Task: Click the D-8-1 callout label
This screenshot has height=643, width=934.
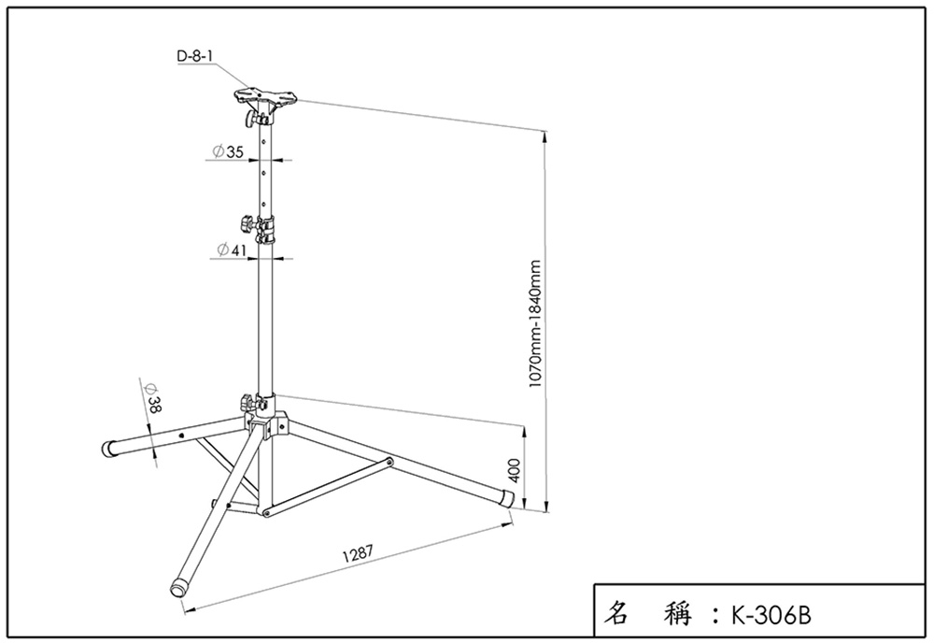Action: [195, 56]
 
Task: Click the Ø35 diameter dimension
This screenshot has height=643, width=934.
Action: [228, 150]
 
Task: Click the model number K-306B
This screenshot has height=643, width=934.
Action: [771, 616]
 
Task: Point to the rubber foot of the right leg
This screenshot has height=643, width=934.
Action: [508, 496]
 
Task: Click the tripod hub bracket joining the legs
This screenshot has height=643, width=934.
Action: [271, 422]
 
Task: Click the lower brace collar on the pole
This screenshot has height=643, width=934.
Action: [267, 513]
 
